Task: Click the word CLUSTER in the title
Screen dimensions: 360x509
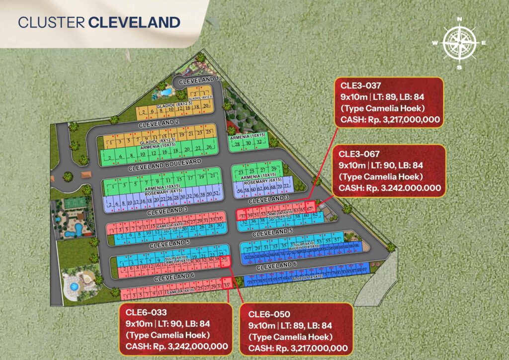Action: click(52, 22)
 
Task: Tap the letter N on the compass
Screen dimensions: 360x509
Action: click(460, 20)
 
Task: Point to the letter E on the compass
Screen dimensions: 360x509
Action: click(483, 43)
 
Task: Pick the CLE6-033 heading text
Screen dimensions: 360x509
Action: click(143, 312)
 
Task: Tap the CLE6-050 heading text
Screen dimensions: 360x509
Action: click(266, 314)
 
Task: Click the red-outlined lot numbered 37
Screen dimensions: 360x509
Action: click(243, 215)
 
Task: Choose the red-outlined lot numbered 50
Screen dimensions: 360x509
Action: click(225, 260)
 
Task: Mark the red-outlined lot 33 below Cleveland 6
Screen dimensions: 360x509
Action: click(227, 286)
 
